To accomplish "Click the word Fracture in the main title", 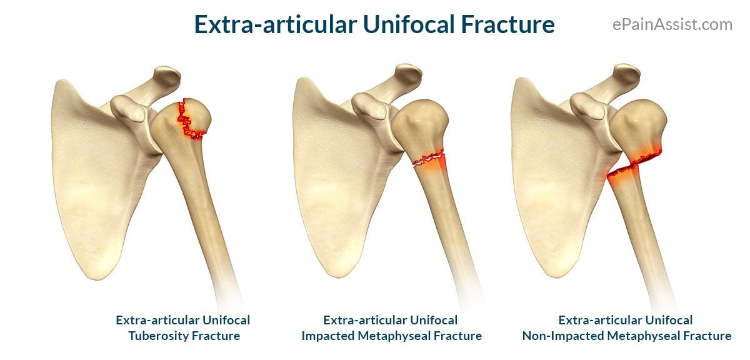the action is [x=507, y=24].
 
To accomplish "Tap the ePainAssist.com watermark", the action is [x=672, y=25].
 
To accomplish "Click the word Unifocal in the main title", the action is [x=409, y=24].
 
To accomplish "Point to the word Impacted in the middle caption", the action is [x=327, y=336].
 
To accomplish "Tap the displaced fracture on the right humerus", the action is [x=634, y=164].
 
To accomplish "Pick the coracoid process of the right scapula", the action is [x=588, y=106].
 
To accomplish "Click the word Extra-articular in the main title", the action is [x=276, y=24].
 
